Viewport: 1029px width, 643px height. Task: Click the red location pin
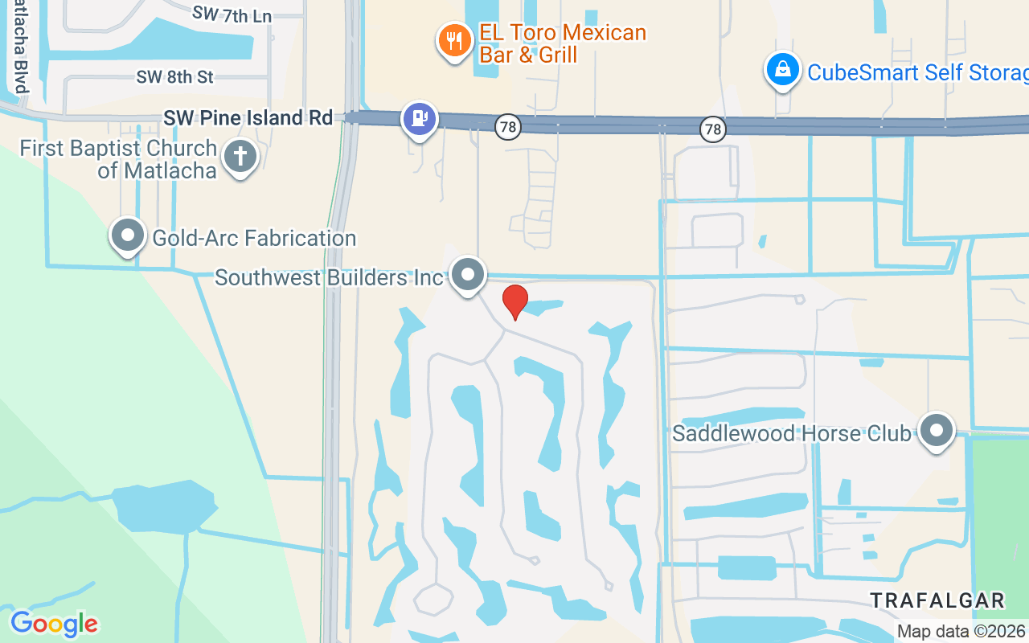pyautogui.click(x=514, y=301)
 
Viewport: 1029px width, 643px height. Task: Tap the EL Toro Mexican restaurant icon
pyautogui.click(x=455, y=40)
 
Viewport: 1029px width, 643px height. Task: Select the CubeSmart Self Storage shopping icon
pyautogui.click(x=782, y=71)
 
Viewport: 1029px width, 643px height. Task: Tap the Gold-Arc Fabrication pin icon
pyautogui.click(x=127, y=235)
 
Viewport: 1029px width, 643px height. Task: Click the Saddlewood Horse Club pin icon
pyautogui.click(x=936, y=431)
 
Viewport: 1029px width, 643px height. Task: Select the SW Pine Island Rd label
pyautogui.click(x=248, y=118)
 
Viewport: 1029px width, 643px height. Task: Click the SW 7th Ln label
pyautogui.click(x=232, y=14)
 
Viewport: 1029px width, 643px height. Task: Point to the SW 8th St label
pyautogui.click(x=174, y=77)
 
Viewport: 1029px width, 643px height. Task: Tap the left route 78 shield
pyautogui.click(x=507, y=127)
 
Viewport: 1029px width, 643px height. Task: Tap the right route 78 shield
pyautogui.click(x=711, y=129)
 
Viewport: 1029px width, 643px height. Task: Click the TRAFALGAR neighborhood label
pyautogui.click(x=937, y=600)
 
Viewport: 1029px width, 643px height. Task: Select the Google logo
pyautogui.click(x=54, y=623)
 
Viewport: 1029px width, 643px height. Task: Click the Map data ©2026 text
pyautogui.click(x=961, y=632)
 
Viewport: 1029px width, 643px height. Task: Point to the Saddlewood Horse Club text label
pyautogui.click(x=792, y=434)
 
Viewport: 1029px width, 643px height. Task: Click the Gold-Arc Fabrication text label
pyautogui.click(x=254, y=239)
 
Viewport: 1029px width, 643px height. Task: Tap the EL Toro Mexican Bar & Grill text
pyautogui.click(x=562, y=43)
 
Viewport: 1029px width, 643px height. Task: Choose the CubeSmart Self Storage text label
pyautogui.click(x=916, y=72)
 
